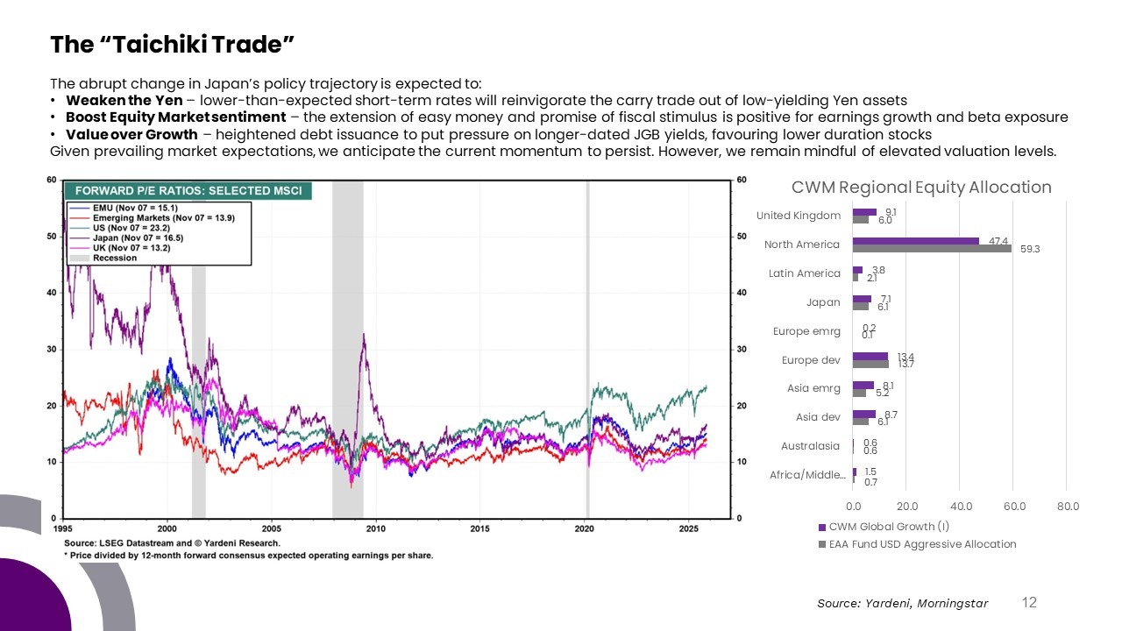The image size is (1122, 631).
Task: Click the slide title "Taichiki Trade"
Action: (x=171, y=44)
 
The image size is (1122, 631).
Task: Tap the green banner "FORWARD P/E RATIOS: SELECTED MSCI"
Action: (x=188, y=191)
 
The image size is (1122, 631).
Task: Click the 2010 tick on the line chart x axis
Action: (x=376, y=528)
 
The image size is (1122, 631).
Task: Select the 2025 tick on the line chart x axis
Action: (x=688, y=528)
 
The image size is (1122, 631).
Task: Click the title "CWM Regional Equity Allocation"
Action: (x=921, y=188)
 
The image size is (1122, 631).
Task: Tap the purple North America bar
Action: (x=916, y=240)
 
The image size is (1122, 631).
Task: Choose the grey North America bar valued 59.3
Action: (x=933, y=248)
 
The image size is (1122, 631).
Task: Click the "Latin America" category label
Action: (x=804, y=273)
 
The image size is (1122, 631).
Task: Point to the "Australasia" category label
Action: (x=810, y=446)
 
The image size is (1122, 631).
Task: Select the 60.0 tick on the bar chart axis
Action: (x=1014, y=507)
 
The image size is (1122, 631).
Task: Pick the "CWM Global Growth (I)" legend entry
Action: (x=889, y=527)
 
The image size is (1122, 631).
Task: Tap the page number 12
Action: (x=1029, y=602)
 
